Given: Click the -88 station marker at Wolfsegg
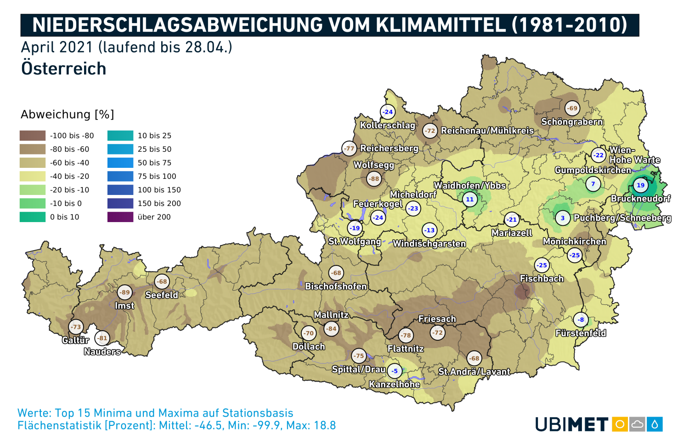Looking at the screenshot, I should (374, 179).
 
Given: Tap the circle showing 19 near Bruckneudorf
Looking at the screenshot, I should (640, 185).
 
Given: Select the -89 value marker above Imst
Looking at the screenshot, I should (124, 292).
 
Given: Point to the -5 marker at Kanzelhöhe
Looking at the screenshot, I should (395, 371).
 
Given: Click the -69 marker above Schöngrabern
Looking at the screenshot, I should (572, 109).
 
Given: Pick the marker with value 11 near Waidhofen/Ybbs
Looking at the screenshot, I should (469, 199).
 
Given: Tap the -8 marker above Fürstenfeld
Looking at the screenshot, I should (581, 320).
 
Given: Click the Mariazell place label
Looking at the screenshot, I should (512, 233).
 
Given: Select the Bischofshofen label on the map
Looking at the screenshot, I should (336, 286).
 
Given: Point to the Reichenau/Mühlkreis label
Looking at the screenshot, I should (487, 131).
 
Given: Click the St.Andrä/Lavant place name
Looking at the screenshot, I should (474, 372).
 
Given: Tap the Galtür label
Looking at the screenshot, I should (75, 340).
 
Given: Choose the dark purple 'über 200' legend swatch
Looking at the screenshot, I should (120, 217).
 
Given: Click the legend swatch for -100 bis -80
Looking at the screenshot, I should (33, 136).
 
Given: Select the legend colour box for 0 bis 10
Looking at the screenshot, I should (33, 217).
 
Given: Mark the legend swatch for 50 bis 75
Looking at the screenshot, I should (120, 163).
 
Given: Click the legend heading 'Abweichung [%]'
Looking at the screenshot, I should (67, 115).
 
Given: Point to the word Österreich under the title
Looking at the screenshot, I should (64, 69).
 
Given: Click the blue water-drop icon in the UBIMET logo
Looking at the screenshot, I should (655, 424).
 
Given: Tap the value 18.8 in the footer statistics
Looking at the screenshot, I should (325, 425).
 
